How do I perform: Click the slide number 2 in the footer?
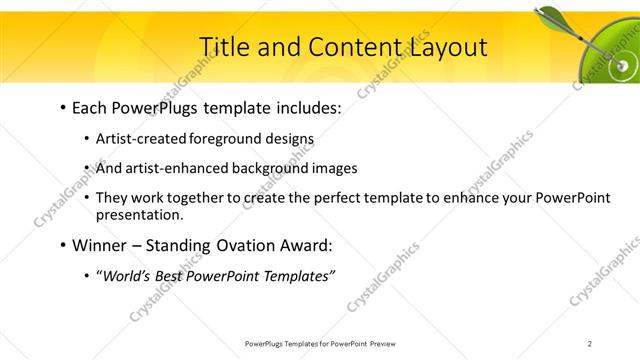(590, 343)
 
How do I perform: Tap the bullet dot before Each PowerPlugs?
(63, 107)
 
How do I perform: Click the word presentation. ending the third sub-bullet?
(140, 214)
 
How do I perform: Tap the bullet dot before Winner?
(63, 245)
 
